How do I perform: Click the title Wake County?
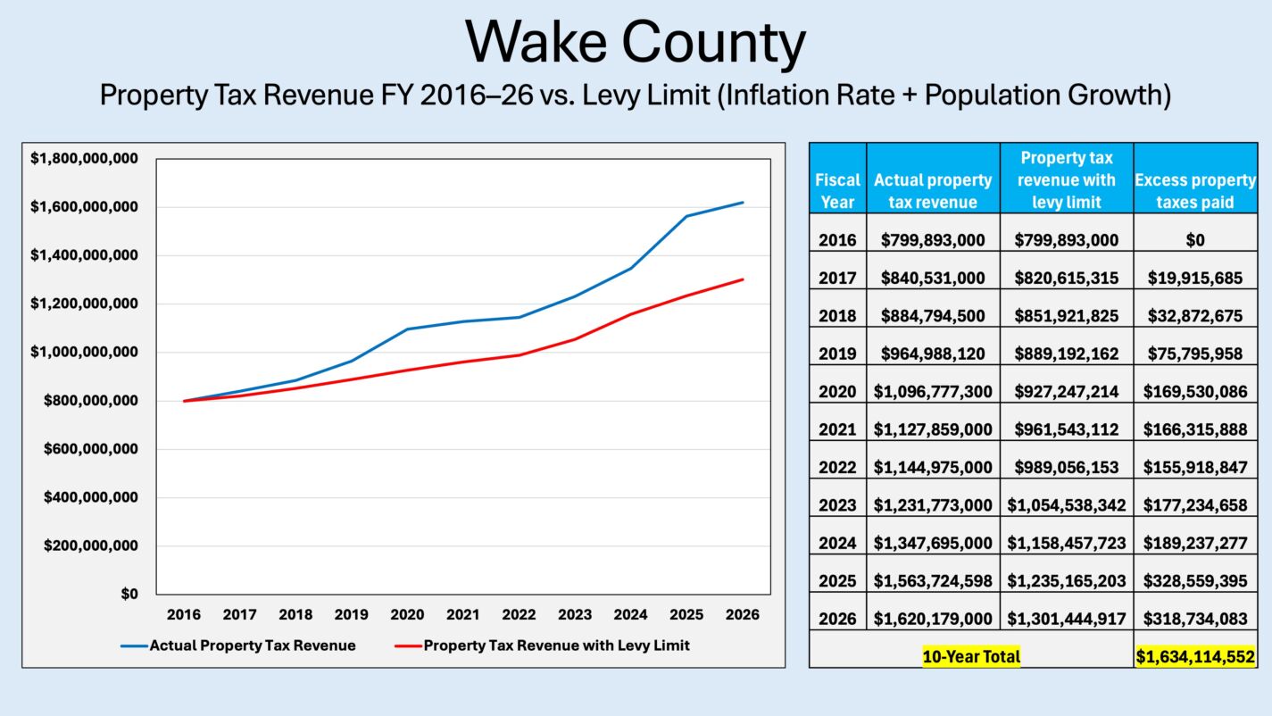pos(636,42)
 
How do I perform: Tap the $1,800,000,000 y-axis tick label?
pos(84,159)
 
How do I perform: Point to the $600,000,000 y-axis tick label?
pos(90,449)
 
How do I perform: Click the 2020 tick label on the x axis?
pos(407,614)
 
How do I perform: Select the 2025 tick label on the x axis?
pos(686,614)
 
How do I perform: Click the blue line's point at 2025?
pos(686,216)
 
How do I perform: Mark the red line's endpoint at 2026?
pos(743,279)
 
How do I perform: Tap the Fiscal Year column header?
pos(837,190)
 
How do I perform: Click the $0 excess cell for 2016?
pos(1195,240)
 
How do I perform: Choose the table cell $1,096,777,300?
pos(933,391)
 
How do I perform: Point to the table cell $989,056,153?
pos(1067,467)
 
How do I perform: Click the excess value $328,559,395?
pos(1195,580)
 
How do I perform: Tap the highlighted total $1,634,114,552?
pos(1195,657)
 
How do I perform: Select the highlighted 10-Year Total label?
pos(971,657)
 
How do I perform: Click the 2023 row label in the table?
pos(837,504)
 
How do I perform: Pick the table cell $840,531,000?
pos(933,278)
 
